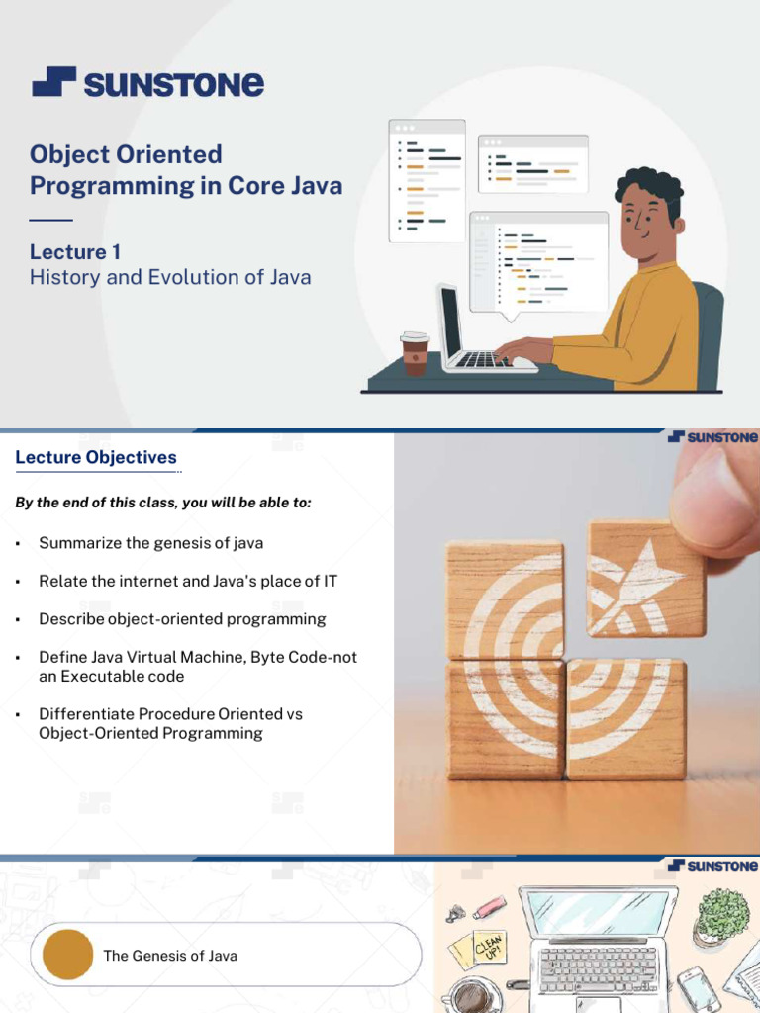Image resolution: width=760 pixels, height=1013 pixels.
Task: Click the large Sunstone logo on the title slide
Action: [148, 82]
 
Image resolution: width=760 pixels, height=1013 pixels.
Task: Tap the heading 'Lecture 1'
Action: [75, 251]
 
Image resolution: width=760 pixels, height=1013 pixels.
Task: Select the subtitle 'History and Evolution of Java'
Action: [170, 277]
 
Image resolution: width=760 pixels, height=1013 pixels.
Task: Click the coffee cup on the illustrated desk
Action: [415, 353]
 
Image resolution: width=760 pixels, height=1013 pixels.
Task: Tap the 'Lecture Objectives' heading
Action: [96, 457]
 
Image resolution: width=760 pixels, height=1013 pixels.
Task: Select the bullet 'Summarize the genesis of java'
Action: [150, 543]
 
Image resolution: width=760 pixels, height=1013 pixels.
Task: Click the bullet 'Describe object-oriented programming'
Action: [182, 619]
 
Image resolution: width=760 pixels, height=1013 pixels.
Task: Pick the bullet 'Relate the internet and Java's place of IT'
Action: [188, 581]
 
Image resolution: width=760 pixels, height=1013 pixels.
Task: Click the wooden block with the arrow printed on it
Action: [646, 579]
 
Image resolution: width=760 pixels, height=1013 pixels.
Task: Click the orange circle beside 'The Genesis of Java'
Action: [67, 955]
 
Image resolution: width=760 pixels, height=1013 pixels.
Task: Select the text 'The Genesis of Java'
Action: [170, 956]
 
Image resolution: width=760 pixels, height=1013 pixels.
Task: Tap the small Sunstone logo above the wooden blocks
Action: [712, 437]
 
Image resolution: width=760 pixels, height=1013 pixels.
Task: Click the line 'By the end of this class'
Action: [163, 502]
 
